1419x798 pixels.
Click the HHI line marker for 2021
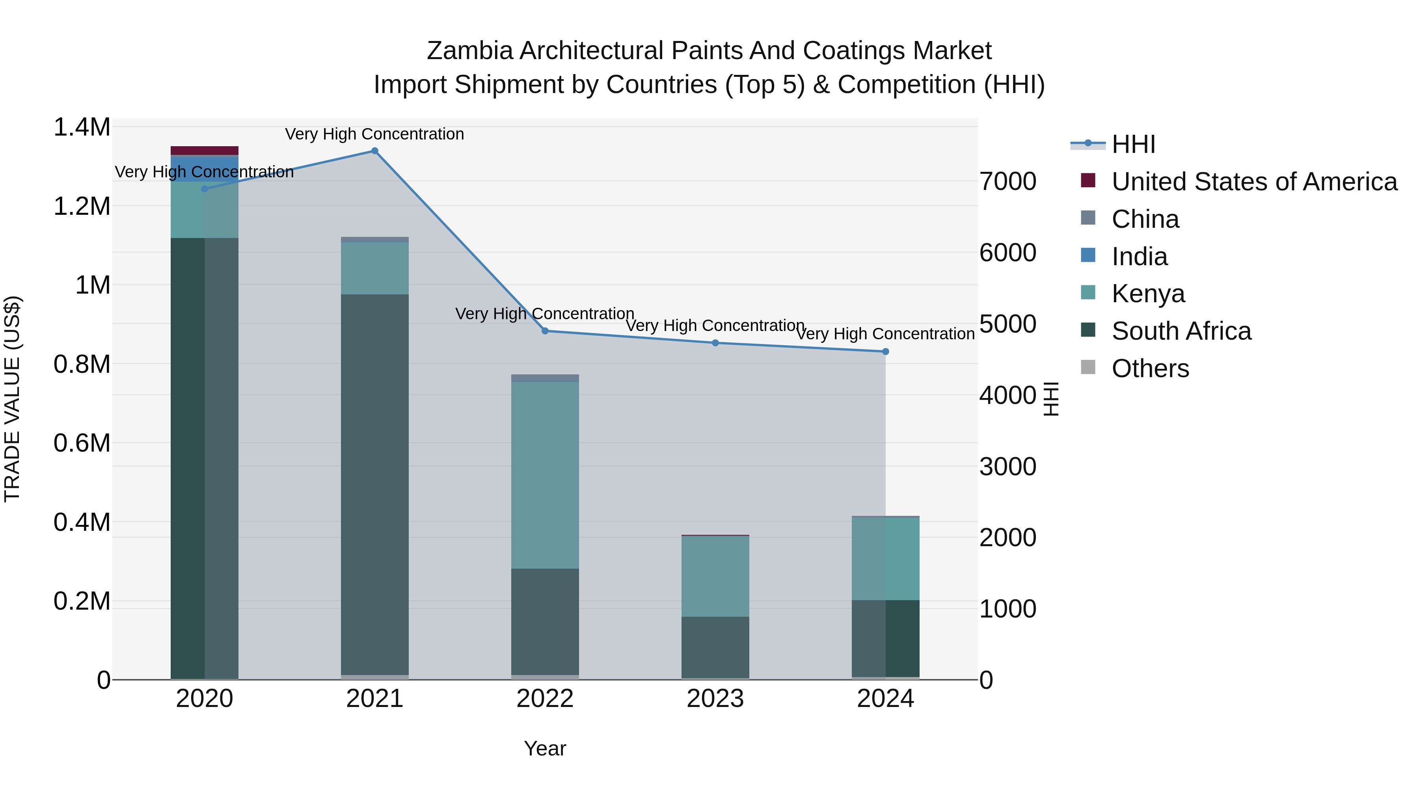pos(374,151)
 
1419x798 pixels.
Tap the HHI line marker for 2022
pos(545,331)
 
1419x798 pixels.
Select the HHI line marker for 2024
pos(885,352)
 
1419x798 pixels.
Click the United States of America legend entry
pos(1254,182)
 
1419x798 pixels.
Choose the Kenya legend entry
pos(1148,294)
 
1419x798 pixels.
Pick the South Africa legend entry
pos(1181,331)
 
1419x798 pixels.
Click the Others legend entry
pos(1150,368)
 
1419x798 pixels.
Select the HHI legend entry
pos(1133,144)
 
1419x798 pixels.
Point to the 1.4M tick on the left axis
pos(82,127)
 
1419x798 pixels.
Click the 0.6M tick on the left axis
pos(82,443)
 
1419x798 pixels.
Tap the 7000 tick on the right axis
pos(1007,181)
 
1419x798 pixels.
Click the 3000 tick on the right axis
pos(1007,467)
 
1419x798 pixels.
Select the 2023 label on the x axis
pos(715,699)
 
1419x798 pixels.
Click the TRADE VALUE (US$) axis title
pos(12,399)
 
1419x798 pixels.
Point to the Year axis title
pos(545,748)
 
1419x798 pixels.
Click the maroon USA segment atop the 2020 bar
pos(204,151)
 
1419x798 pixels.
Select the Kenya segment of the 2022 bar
pos(545,475)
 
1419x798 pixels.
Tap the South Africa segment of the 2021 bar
pos(374,485)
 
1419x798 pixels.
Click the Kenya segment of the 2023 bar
pos(715,576)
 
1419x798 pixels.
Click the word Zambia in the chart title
pos(469,51)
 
